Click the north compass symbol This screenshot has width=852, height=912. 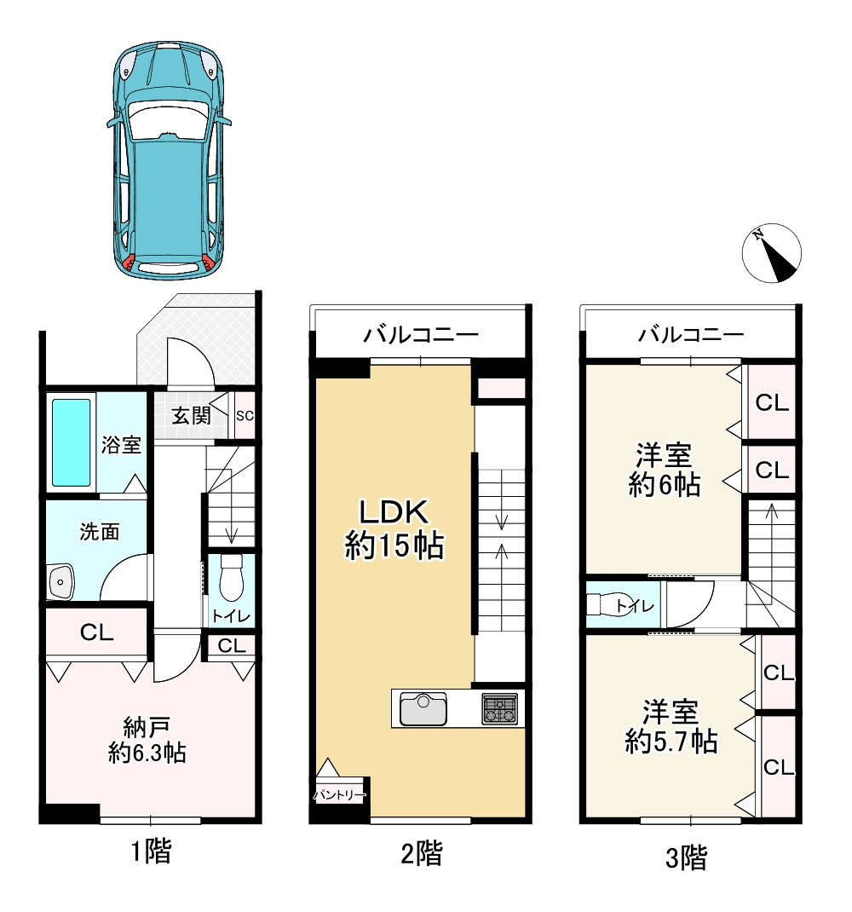click(772, 253)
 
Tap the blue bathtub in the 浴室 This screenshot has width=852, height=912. click(72, 442)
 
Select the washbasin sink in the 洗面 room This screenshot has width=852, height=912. click(60, 580)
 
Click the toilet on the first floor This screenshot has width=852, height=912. click(231, 577)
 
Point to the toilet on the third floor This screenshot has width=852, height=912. click(602, 605)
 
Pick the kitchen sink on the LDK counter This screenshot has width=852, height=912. click(423, 709)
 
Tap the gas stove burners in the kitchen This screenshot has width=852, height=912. click(499, 709)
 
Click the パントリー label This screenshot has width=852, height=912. click(340, 794)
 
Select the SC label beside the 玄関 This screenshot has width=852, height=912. click(245, 416)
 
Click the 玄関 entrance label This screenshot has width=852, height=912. click(191, 415)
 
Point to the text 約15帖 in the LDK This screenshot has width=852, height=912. click(394, 545)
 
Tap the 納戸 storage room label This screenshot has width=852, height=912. click(147, 727)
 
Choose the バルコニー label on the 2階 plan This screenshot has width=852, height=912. click(421, 334)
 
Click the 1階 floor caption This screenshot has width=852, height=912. click(151, 852)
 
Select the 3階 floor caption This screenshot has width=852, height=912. click(686, 858)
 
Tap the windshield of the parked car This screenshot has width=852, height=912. click(168, 119)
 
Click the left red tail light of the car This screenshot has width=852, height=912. click(130, 263)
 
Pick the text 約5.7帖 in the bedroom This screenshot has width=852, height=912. click(671, 742)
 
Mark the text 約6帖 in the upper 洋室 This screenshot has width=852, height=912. click(665, 484)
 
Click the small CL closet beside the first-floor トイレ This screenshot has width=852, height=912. click(232, 645)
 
